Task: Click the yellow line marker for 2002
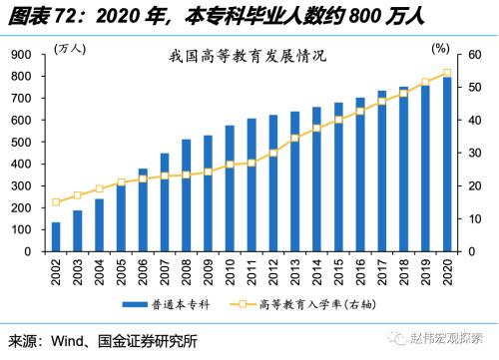coord(56,202)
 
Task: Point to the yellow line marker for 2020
coord(446,73)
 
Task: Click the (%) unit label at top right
coord(440,47)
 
